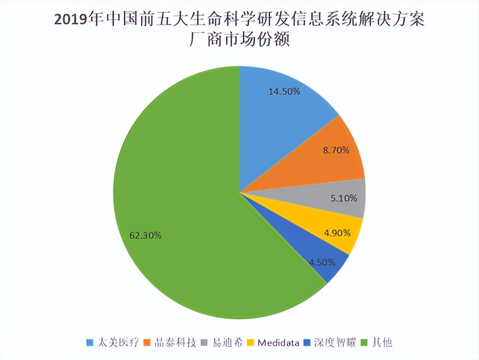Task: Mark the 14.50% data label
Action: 284,91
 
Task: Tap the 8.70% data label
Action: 337,151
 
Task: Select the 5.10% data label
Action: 344,198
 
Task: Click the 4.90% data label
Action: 337,233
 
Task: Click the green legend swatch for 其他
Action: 365,342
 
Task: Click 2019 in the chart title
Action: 70,20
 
